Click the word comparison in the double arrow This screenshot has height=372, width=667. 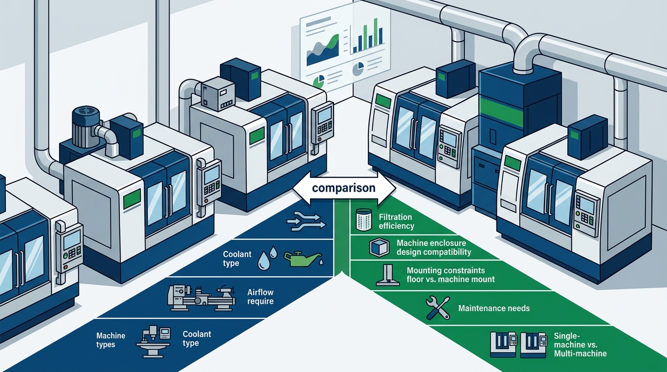[344, 188]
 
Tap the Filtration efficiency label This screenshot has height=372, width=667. [396, 221]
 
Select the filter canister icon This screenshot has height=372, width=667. [364, 219]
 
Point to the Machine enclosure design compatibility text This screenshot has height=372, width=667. [433, 248]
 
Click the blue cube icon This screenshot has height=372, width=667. [380, 248]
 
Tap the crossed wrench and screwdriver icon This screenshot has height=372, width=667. [438, 308]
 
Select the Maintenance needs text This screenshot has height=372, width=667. [494, 308]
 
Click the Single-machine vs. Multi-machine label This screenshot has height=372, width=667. [580, 344]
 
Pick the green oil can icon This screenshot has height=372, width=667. [303, 259]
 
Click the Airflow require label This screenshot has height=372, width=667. [260, 296]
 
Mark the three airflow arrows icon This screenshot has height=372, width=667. [306, 221]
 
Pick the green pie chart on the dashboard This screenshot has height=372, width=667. [319, 81]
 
